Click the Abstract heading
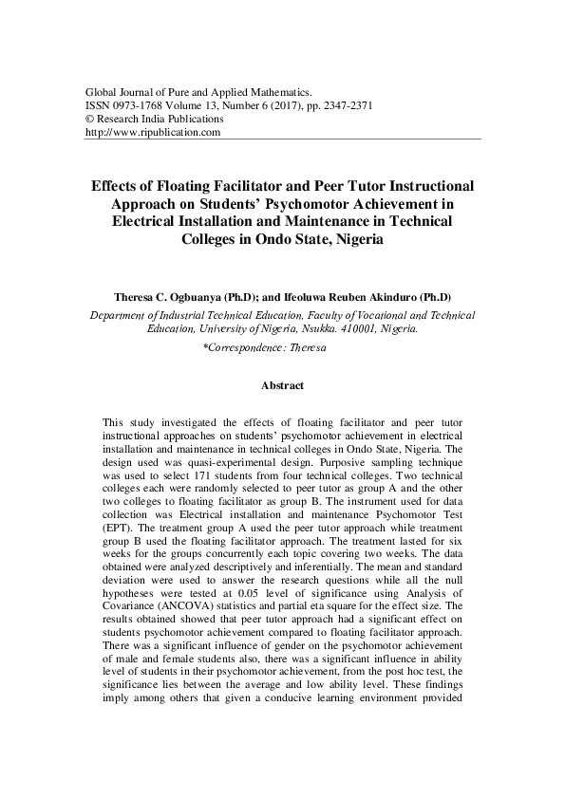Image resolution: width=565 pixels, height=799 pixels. pyautogui.click(x=282, y=386)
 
